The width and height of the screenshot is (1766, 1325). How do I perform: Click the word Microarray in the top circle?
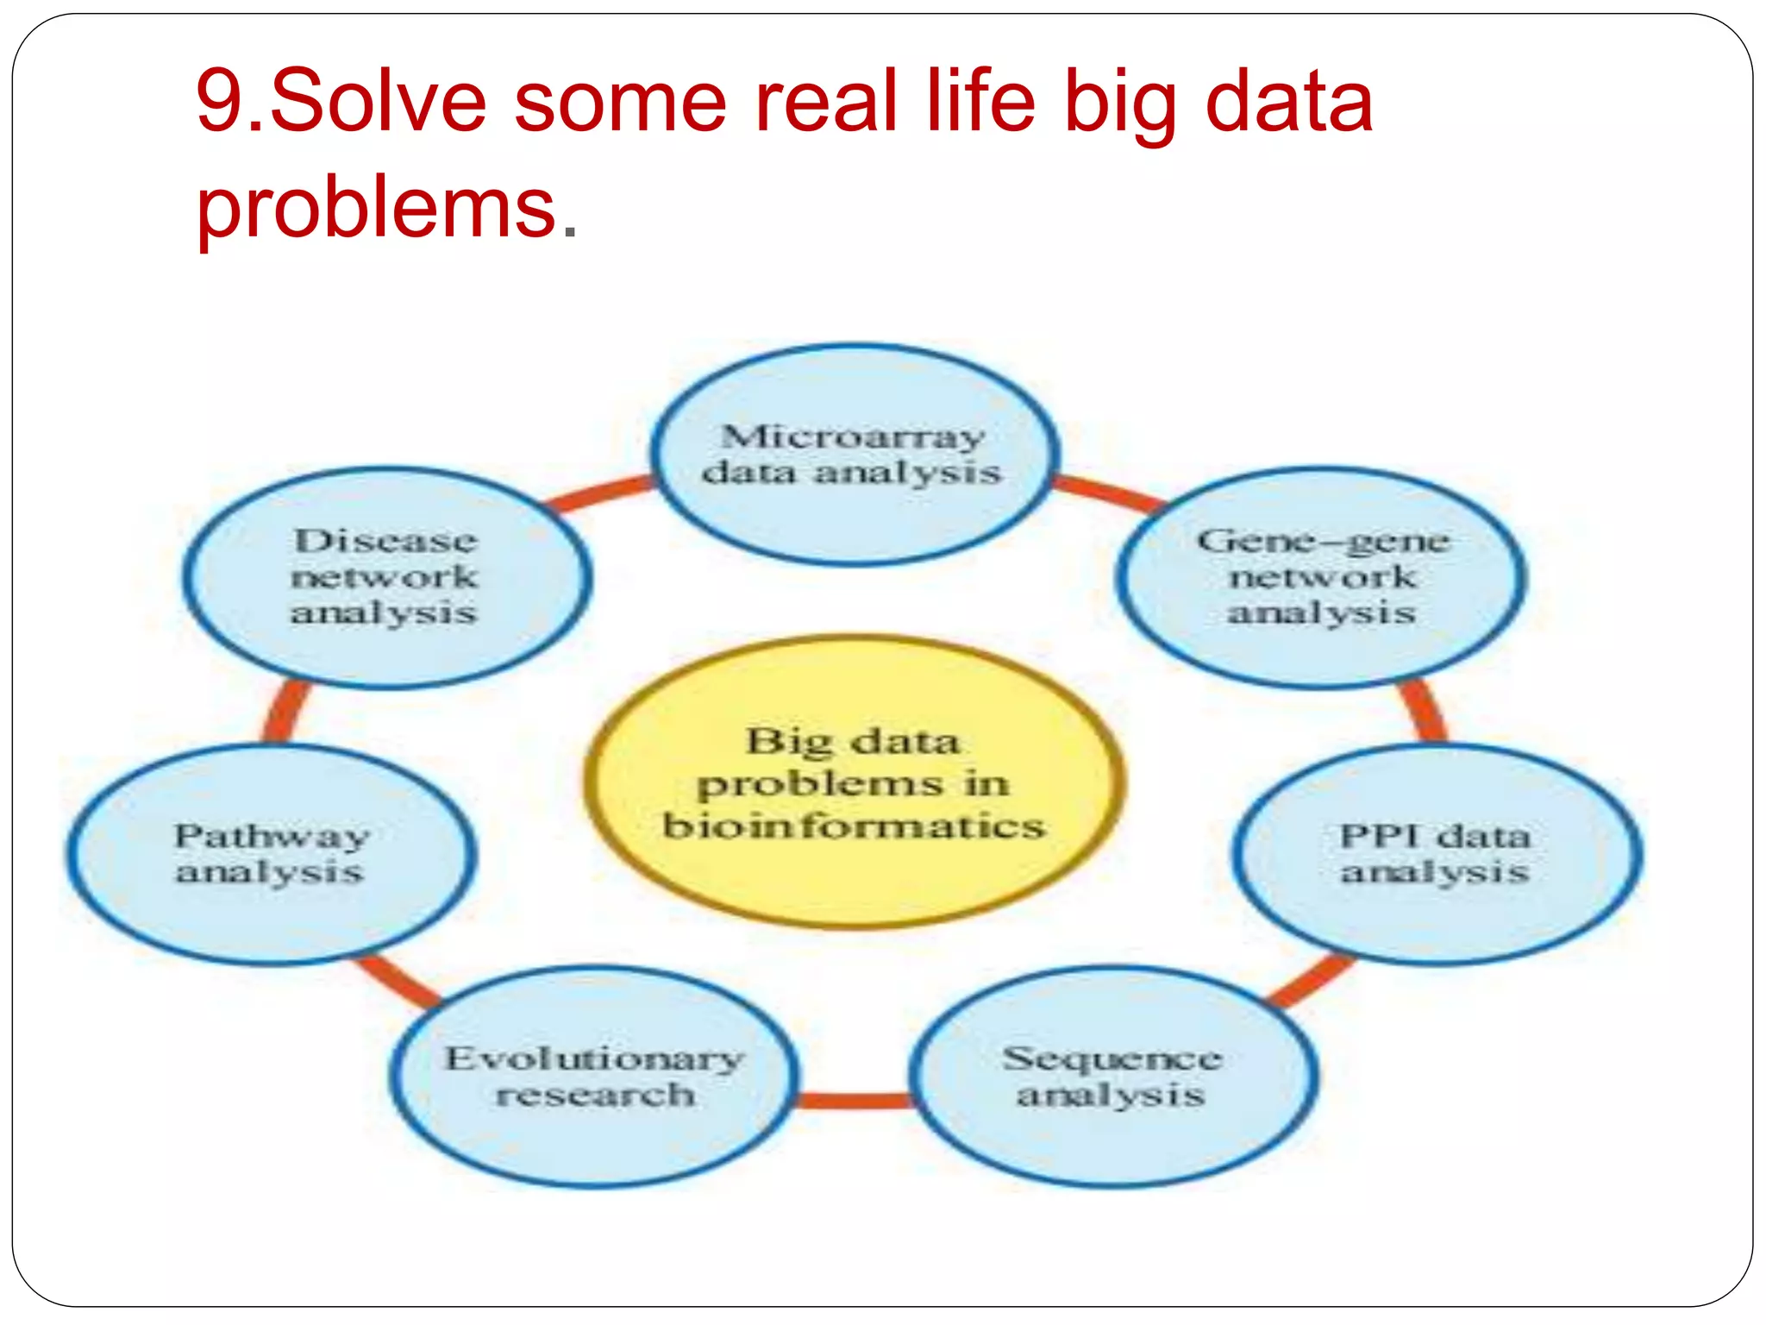click(852, 436)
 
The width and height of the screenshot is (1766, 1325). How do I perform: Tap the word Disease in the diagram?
click(385, 541)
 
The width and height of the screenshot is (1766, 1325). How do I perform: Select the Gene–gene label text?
click(1324, 541)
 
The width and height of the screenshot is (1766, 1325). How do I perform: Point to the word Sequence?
click(1112, 1058)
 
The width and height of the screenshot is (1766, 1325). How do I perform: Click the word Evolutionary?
click(593, 1058)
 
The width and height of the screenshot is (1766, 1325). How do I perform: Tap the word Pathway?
click(272, 836)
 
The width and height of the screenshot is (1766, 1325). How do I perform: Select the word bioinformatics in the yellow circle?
click(854, 826)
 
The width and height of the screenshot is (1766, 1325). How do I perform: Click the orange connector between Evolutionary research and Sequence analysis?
click(853, 1100)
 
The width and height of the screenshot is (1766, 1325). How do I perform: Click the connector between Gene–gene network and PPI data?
click(1423, 713)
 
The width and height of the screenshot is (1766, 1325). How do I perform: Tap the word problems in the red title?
click(376, 207)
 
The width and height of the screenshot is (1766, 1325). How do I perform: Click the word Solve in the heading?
click(379, 102)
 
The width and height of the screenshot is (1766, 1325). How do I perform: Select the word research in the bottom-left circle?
click(595, 1095)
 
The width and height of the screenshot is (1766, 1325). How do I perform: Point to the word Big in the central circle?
click(790, 741)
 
